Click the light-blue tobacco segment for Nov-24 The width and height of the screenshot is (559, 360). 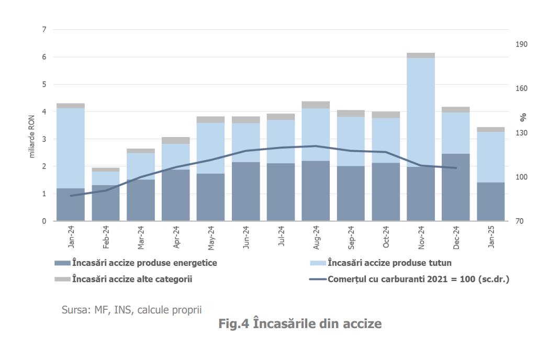(x=421, y=112)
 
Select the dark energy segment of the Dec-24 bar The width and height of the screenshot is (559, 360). (x=456, y=187)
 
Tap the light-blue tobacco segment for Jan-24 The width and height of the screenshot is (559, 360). (x=71, y=148)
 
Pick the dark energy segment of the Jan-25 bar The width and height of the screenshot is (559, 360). (x=491, y=201)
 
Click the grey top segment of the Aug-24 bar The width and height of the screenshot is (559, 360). (x=316, y=105)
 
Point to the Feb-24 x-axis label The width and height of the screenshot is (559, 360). (x=106, y=237)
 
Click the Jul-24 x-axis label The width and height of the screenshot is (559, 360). (x=281, y=237)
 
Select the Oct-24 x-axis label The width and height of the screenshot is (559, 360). (x=386, y=237)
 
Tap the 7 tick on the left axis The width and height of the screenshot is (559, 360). (x=44, y=29)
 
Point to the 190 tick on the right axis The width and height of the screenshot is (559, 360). (x=521, y=44)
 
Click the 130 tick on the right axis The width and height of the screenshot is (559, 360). (x=521, y=133)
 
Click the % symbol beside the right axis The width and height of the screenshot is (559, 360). (x=523, y=116)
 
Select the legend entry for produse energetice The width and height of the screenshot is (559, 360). (x=136, y=263)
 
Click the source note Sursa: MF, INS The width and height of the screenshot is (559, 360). (x=131, y=309)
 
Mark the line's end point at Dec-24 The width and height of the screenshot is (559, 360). (x=456, y=168)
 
